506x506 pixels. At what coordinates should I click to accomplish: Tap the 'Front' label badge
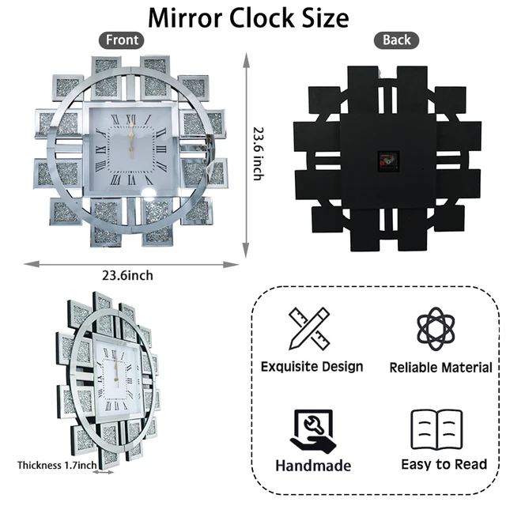[122, 40]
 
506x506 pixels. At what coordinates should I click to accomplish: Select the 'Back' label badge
[396, 40]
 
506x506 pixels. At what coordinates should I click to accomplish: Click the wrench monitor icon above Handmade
[312, 431]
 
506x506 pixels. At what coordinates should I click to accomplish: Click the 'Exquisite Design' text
[312, 366]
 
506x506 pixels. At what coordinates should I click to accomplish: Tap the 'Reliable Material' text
[440, 368]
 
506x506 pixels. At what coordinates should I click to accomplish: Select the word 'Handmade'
[313, 466]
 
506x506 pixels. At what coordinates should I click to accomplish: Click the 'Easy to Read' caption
[444, 464]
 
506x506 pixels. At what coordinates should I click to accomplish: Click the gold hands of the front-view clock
[130, 138]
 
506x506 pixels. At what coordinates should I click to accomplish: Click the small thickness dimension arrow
[104, 474]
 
